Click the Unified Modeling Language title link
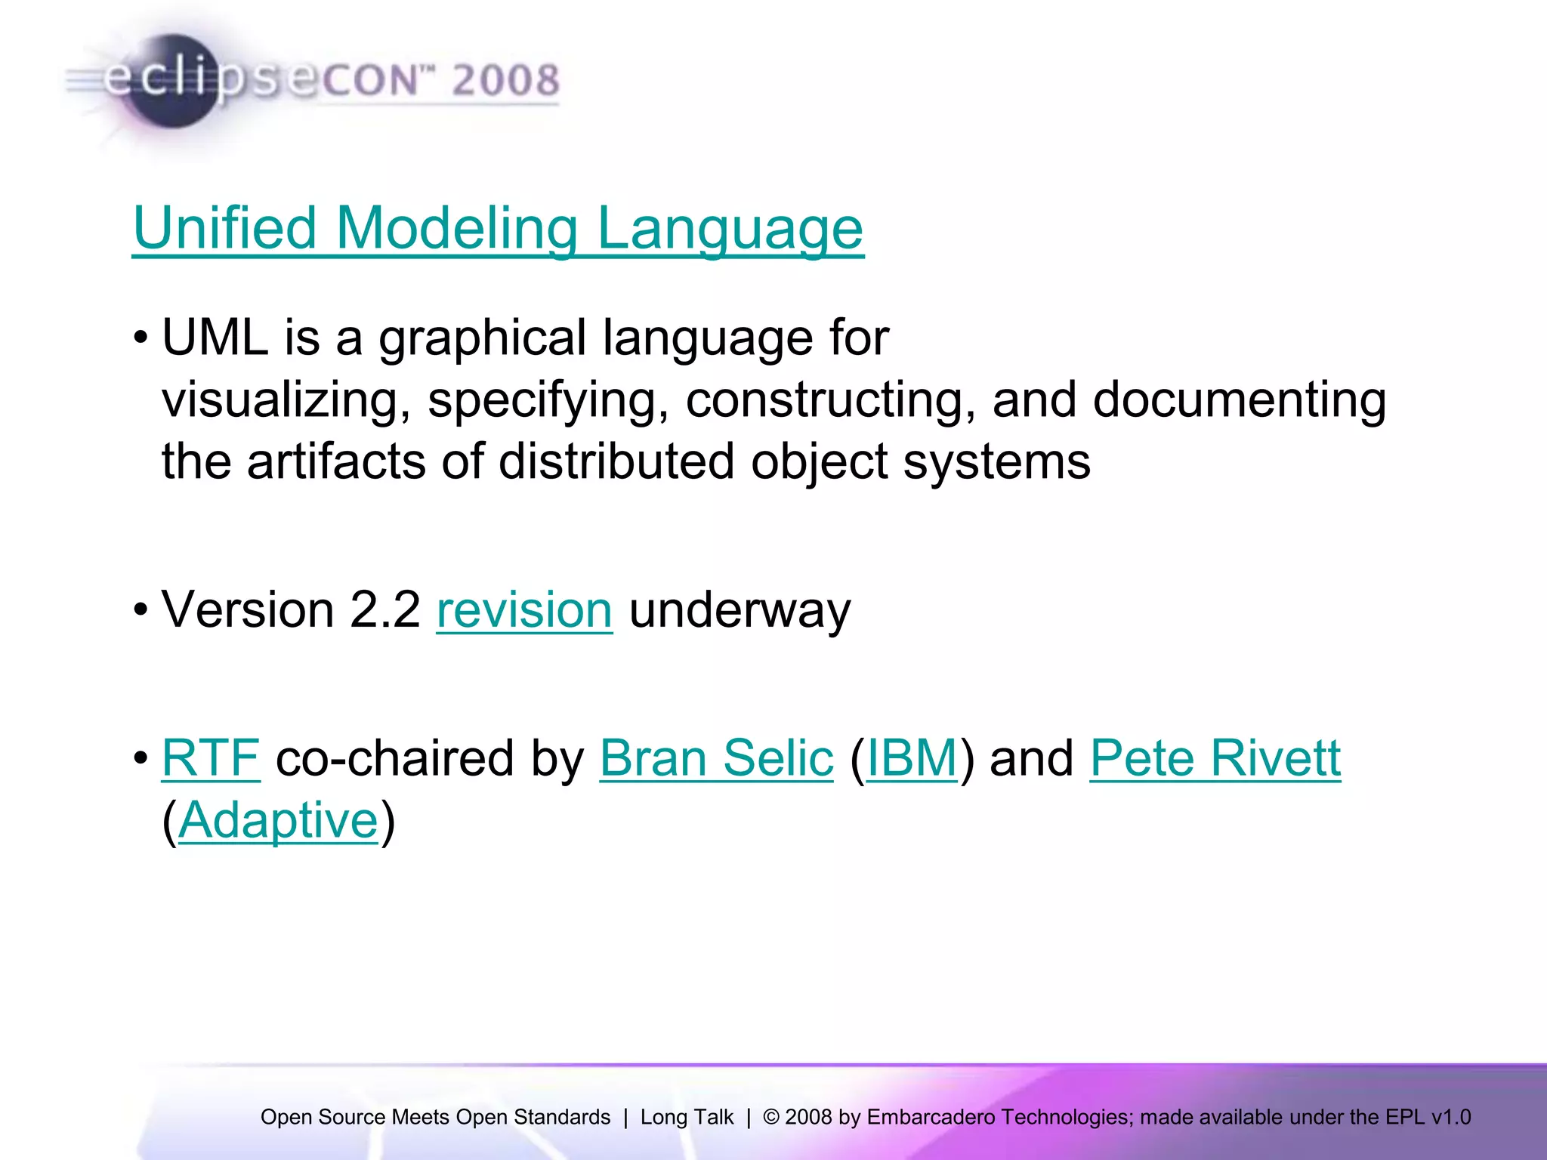click(498, 229)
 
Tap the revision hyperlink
click(524, 610)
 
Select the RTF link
click(211, 758)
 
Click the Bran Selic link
click(716, 758)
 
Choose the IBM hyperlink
click(912, 758)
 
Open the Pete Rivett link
click(1215, 758)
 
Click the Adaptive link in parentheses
click(278, 821)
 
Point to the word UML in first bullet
click(215, 338)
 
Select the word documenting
click(1239, 400)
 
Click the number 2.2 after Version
click(384, 610)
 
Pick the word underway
click(740, 610)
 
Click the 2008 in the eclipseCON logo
click(505, 80)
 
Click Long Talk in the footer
click(687, 1117)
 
